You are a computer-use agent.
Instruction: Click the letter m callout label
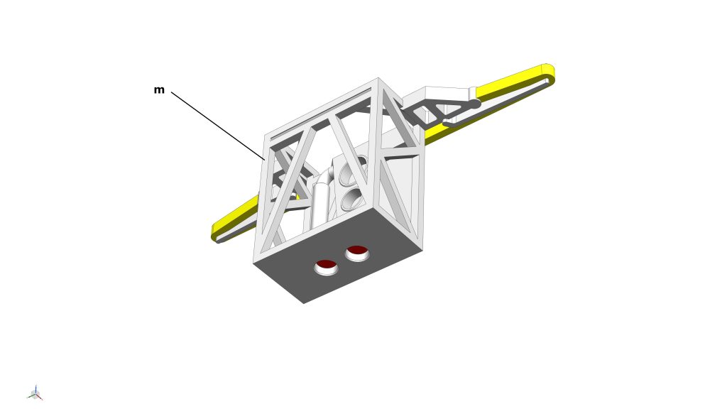[159, 90]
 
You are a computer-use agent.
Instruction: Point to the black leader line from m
[217, 126]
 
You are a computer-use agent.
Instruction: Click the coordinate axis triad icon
[35, 393]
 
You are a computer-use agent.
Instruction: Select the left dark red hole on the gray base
[326, 266]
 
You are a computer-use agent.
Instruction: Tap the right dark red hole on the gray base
[357, 252]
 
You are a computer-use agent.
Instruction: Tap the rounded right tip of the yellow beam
[550, 74]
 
